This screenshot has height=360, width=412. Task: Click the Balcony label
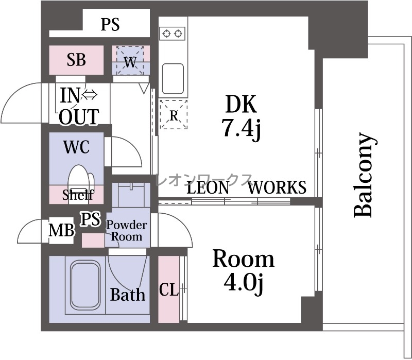pos(365,175)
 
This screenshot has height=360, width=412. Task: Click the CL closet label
pos(169,290)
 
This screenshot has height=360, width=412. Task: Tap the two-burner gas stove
pos(172,33)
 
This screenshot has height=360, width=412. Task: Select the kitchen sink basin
pos(173,79)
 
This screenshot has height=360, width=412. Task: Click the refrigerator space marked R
pos(174,114)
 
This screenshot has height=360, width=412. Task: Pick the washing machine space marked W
pos(130,61)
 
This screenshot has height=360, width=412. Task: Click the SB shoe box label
pos(76,60)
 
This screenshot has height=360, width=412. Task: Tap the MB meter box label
pos(61,230)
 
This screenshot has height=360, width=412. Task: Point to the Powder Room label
pos(127,231)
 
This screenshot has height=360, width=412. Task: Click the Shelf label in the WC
pos(78,195)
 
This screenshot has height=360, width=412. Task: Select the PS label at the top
pos(110,24)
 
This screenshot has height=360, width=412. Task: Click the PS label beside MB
pos(91,219)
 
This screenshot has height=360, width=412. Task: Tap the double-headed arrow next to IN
pos(89,95)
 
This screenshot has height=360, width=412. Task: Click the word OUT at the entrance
pos(79,117)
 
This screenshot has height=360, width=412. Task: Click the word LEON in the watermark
pos(208,187)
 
